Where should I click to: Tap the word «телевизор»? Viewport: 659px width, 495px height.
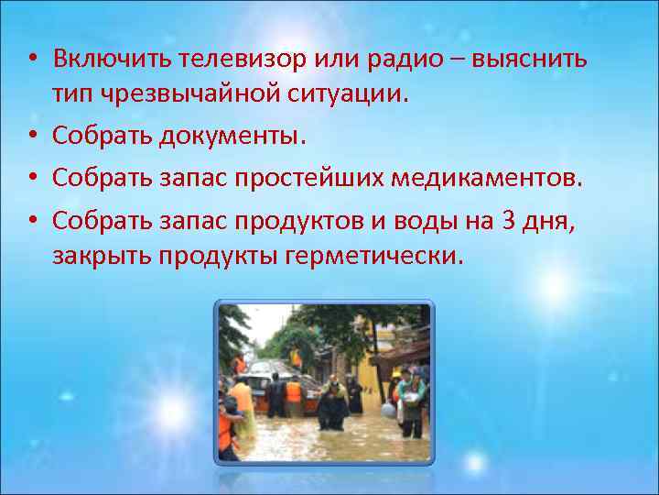217,60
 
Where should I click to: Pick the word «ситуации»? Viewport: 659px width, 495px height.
351,93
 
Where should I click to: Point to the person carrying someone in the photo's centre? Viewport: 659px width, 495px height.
332,401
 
